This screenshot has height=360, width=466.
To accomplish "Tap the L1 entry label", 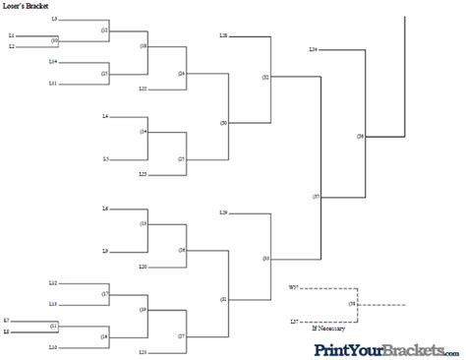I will point(12,37).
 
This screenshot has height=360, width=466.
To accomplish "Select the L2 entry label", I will point(12,46).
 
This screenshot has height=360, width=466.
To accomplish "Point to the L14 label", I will point(53,61).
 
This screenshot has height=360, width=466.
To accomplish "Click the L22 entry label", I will point(143,89).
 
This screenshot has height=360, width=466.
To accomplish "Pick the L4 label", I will point(105,117).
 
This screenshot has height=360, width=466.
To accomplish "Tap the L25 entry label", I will point(143,174).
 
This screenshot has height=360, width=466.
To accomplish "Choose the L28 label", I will point(224,35).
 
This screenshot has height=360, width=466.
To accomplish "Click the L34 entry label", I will point(313,49).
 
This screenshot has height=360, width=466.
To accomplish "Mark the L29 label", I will point(224,212).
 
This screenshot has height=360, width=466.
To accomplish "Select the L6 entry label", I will point(105,210).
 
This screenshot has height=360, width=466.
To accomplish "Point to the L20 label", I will point(143,267).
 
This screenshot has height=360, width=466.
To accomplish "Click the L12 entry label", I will point(53,282).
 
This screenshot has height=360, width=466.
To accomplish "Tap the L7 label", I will point(7,321).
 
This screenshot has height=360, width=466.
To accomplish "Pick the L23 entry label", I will point(143,351).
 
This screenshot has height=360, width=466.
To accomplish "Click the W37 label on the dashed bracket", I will point(293,286).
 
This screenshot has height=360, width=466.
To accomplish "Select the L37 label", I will point(294,322).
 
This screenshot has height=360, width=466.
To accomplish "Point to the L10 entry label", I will point(53,347).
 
